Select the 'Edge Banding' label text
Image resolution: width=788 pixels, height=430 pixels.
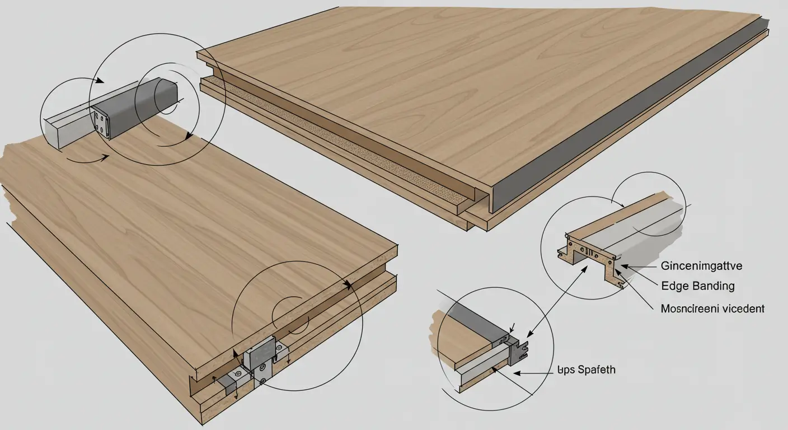698,286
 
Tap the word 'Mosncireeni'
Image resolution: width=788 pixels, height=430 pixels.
689,309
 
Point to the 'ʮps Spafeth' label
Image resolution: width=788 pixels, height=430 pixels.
587,370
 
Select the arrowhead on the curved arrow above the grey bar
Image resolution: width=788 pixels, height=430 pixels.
100,81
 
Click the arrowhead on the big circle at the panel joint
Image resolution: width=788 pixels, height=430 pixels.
348,284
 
